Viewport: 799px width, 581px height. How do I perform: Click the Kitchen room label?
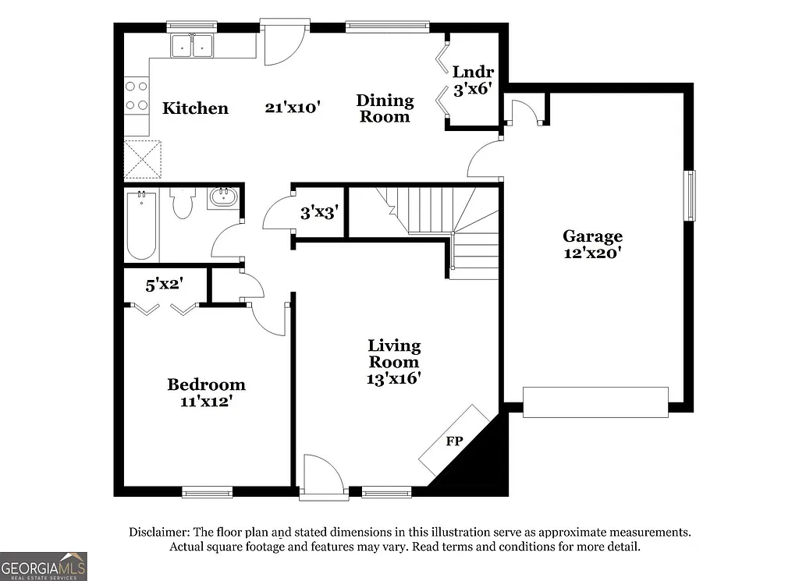(x=195, y=108)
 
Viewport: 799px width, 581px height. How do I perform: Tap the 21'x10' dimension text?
(x=293, y=108)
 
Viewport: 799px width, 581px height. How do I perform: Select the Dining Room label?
(x=385, y=108)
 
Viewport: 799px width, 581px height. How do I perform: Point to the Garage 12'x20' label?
(x=593, y=243)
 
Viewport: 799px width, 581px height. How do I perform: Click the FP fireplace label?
(x=454, y=441)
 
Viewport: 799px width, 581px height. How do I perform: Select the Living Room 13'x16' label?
(x=394, y=362)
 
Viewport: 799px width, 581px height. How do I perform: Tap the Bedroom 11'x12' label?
(x=206, y=393)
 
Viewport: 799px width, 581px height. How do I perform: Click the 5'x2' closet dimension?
(x=163, y=285)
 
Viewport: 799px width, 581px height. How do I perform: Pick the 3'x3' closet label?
(x=318, y=212)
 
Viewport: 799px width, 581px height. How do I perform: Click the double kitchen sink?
(x=193, y=46)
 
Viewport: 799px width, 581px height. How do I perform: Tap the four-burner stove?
(x=137, y=95)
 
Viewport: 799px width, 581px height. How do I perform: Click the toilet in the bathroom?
(x=182, y=204)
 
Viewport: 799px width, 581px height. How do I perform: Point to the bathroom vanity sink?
(x=223, y=197)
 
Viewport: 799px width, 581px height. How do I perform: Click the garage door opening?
(x=595, y=402)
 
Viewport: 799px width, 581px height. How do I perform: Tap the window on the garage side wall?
(x=690, y=195)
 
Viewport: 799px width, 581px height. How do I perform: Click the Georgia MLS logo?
(x=44, y=565)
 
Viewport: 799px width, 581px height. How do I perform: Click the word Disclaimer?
(x=158, y=532)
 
